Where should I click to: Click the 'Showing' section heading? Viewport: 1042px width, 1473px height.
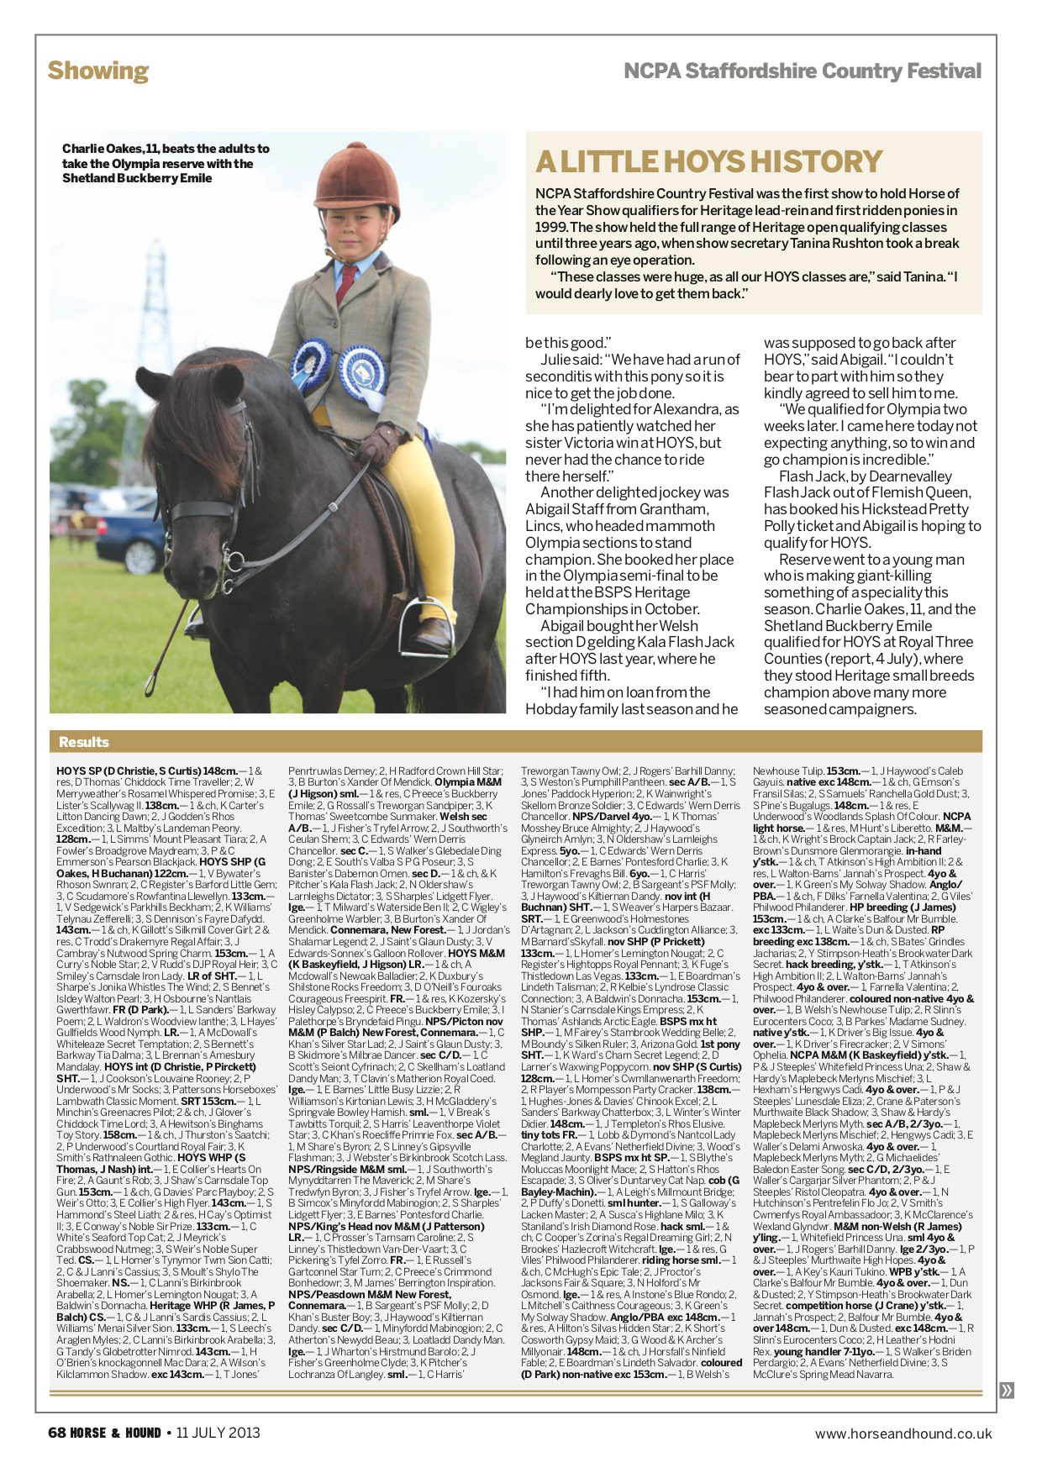point(97,71)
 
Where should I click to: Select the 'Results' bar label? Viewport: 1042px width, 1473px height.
point(84,742)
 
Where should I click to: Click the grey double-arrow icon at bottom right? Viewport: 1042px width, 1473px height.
point(1007,1391)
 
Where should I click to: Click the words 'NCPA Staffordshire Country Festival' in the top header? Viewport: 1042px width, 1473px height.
point(802,71)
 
